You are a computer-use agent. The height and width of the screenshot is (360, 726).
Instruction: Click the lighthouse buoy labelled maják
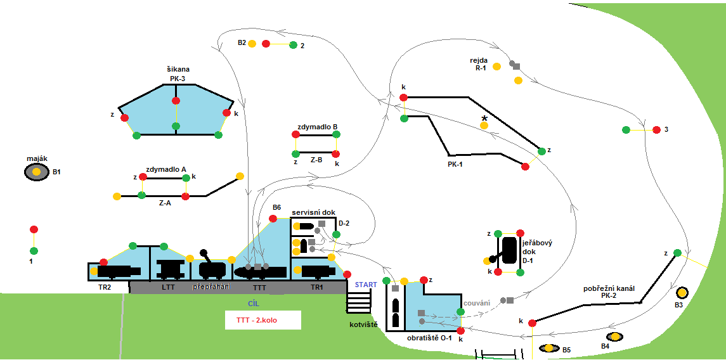[37, 172]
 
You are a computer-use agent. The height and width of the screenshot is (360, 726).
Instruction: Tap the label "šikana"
[178, 69]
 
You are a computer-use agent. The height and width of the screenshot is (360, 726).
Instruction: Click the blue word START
[365, 284]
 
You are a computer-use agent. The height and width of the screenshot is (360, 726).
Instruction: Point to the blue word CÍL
[254, 304]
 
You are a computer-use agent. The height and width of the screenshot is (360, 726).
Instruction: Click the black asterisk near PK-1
[484, 119]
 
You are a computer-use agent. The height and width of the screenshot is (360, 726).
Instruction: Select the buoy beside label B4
[614, 337]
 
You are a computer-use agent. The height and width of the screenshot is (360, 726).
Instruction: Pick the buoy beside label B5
[547, 348]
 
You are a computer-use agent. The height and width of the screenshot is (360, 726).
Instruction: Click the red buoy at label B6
[273, 219]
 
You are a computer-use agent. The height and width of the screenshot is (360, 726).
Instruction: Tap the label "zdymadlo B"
[317, 126]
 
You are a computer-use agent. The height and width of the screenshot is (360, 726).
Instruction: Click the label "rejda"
[479, 60]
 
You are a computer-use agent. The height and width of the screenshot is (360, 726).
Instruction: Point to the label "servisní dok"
[313, 212]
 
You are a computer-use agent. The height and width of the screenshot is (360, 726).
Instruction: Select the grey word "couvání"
[477, 302]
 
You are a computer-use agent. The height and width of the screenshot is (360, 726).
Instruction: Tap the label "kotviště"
[363, 325]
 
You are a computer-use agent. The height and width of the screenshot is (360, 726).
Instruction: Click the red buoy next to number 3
[657, 130]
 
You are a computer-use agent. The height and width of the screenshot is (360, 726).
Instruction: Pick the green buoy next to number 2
[293, 45]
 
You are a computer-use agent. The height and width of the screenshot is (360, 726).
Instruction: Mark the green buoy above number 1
[34, 250]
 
